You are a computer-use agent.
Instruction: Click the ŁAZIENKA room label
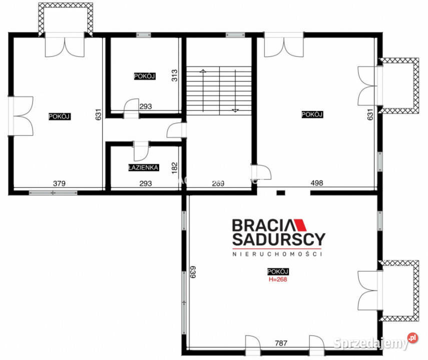143,167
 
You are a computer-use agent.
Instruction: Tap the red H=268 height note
278,279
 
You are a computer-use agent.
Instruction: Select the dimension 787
281,343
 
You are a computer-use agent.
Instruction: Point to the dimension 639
193,272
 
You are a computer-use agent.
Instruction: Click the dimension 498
317,182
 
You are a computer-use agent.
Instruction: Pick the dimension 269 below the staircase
218,183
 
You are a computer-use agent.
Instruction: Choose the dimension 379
59,183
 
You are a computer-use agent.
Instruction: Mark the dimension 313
174,75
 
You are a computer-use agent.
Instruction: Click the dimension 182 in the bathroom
174,168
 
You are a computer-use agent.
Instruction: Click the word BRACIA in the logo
264,225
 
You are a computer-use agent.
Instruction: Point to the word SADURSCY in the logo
279,239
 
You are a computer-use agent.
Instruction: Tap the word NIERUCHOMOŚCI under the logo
277,254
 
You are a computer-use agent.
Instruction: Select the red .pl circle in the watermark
412,338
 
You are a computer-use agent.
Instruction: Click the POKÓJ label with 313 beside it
145,76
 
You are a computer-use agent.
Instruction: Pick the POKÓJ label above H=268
278,271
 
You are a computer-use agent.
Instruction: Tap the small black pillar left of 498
281,193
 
